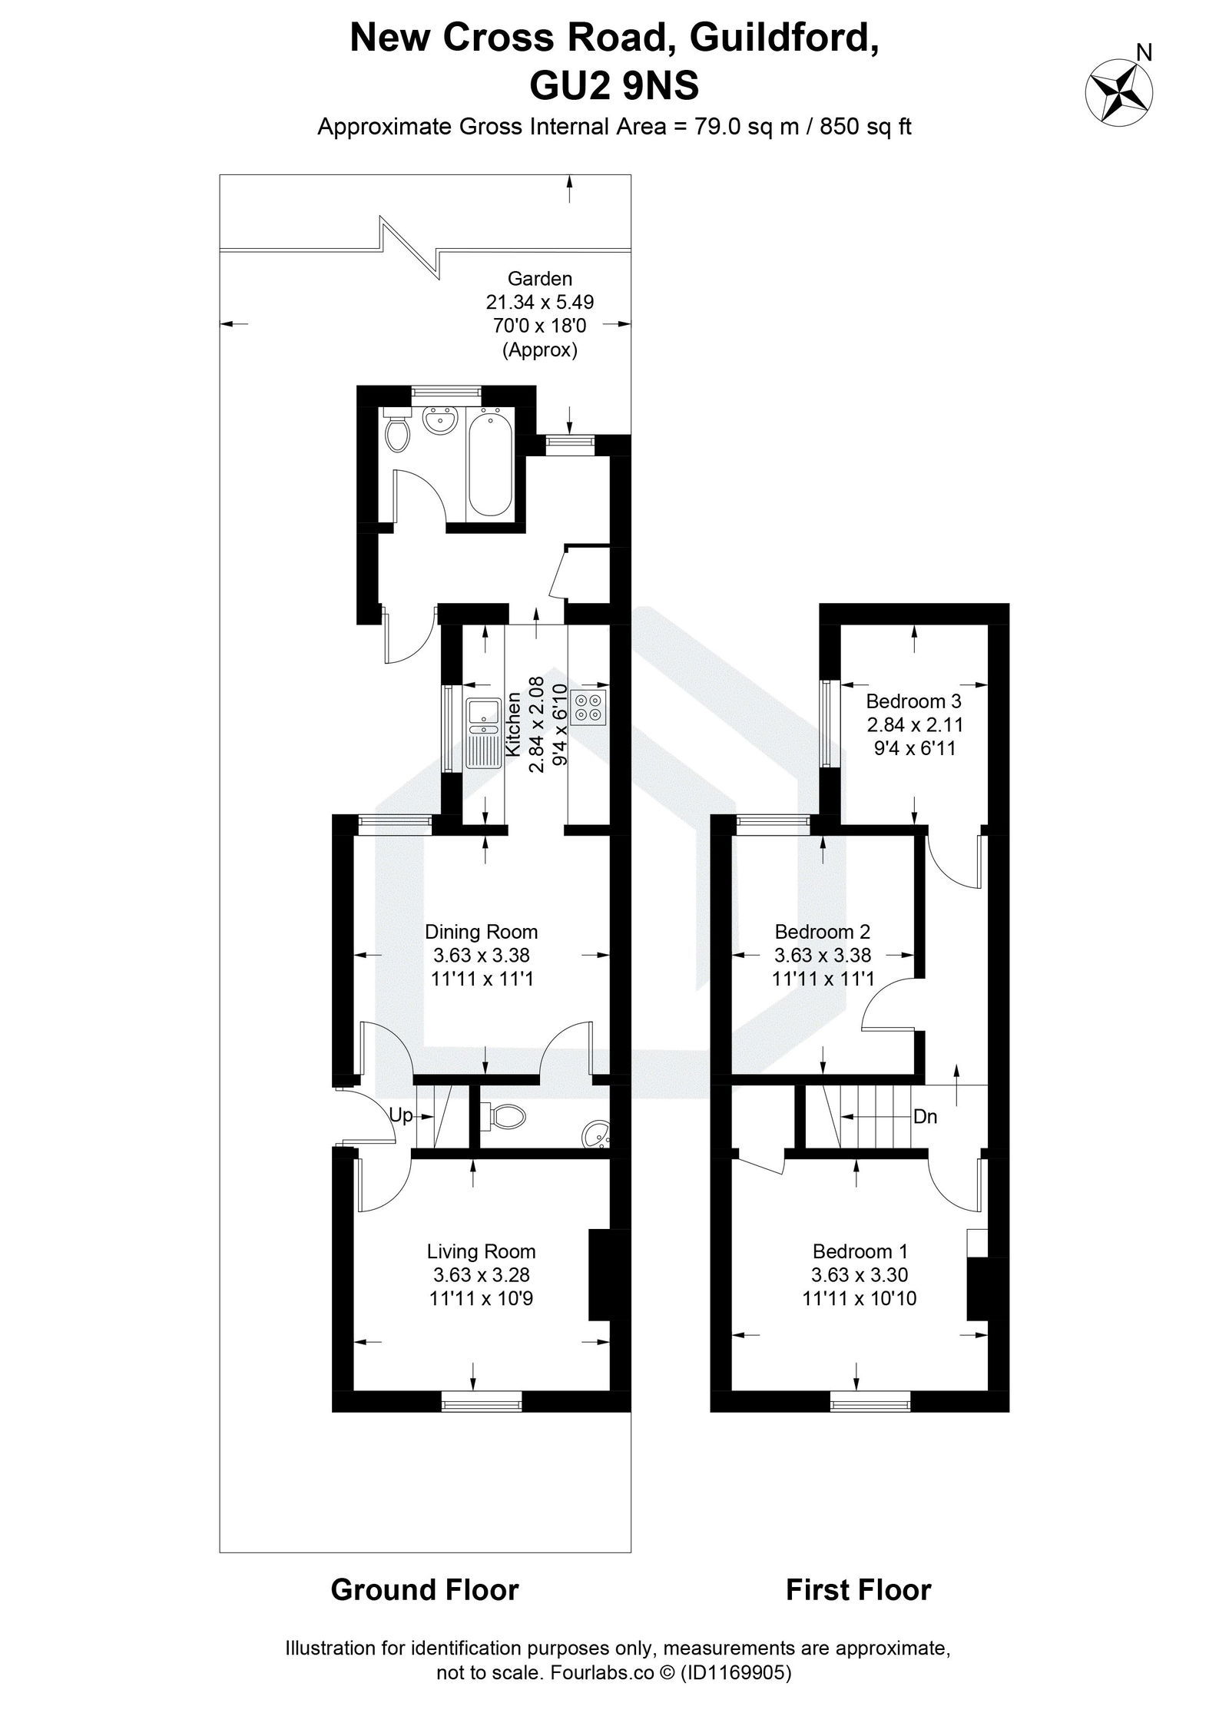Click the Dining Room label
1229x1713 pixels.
click(x=482, y=932)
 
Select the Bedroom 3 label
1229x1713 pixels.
click(x=913, y=701)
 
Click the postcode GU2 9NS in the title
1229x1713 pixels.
click(x=614, y=86)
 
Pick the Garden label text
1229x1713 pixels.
click(x=539, y=279)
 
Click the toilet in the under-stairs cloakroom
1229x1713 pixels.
click(x=506, y=1115)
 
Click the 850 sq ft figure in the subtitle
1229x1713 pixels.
click(x=866, y=126)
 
